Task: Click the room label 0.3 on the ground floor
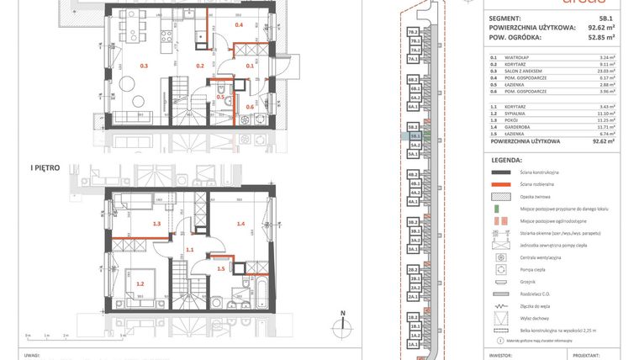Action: [144, 65]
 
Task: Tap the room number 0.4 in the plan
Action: [240, 25]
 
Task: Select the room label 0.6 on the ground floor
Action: [250, 107]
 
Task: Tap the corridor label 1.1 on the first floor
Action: [190, 250]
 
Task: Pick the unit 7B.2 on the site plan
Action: [414, 32]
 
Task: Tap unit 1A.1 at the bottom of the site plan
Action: [414, 345]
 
